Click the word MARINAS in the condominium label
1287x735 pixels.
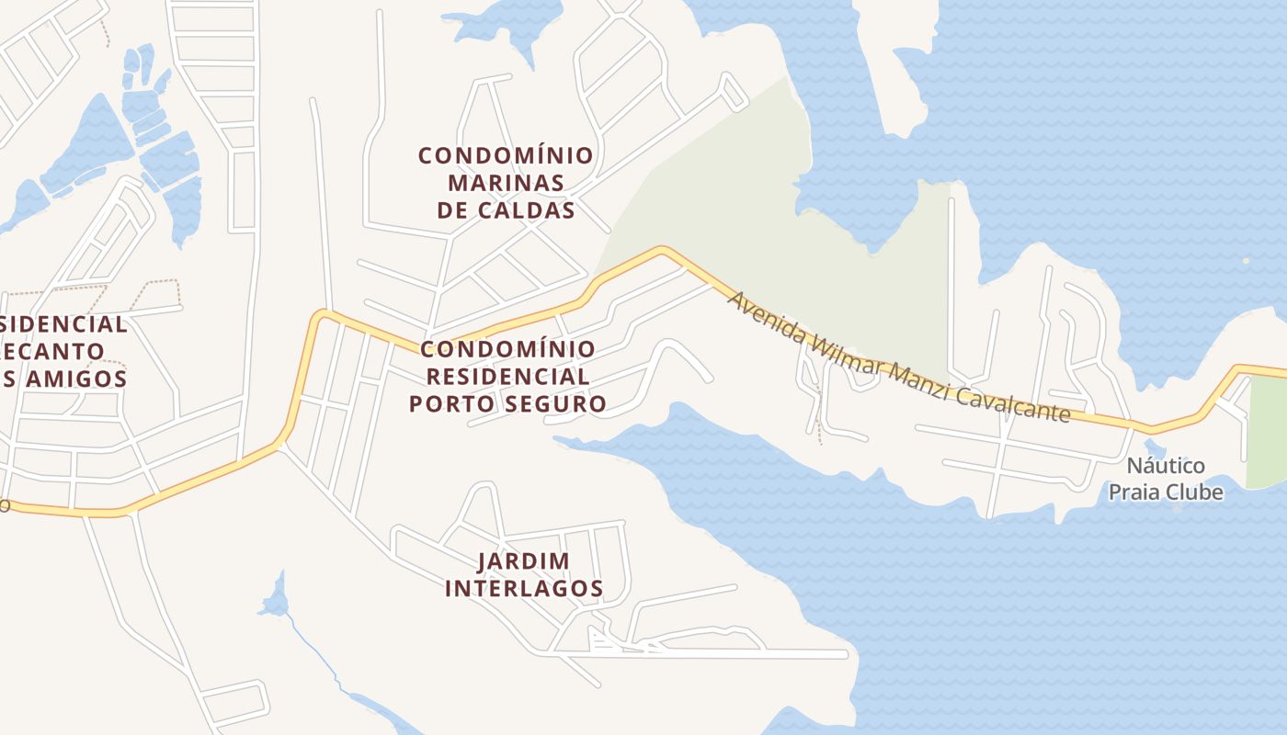tap(506, 183)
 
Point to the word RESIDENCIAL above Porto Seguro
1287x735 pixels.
tap(507, 377)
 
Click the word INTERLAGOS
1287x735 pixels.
tap(523, 589)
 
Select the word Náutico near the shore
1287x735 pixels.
tap(1166, 466)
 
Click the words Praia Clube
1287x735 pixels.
tap(1166, 492)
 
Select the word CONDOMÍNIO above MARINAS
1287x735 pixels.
tap(506, 155)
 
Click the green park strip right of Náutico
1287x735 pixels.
tap(1267, 432)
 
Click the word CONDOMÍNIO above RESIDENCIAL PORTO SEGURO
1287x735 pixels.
tap(507, 349)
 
